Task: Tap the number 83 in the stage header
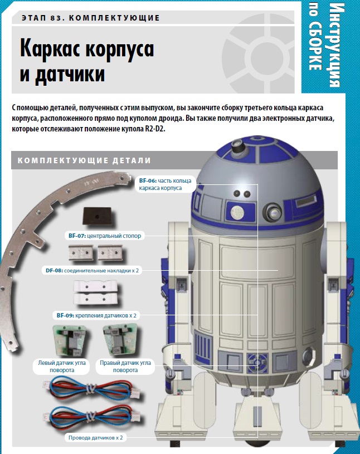(57, 18)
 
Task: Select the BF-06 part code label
(148, 180)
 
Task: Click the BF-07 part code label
(77, 236)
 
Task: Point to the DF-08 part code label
(54, 270)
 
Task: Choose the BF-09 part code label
(65, 315)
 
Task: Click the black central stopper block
(97, 216)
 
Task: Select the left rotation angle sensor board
(69, 341)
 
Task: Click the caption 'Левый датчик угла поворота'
(62, 367)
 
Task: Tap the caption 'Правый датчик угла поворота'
(125, 367)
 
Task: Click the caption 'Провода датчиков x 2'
(96, 437)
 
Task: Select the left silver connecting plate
(81, 253)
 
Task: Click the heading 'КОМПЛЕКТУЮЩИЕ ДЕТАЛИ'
(84, 160)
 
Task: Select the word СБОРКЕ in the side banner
(315, 46)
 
